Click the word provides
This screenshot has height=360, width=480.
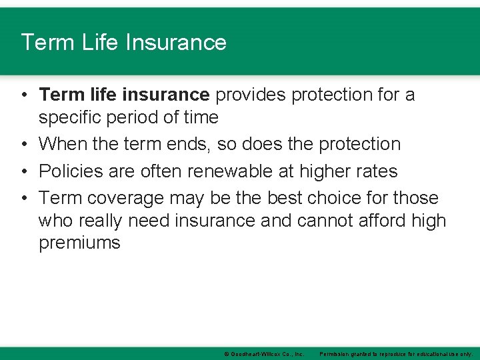point(249,95)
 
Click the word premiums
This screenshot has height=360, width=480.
point(79,243)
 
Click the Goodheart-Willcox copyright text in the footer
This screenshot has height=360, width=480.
point(264,353)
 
